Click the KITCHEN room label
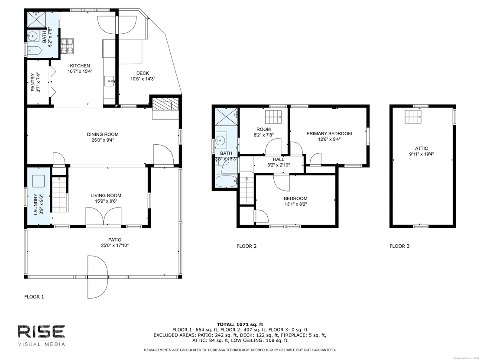click(x=80, y=65)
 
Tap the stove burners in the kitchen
click(x=67, y=46)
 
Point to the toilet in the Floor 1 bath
click(x=34, y=50)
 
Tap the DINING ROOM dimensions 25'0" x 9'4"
click(x=103, y=140)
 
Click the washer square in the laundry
click(x=39, y=181)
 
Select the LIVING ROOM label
click(x=106, y=195)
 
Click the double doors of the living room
click(x=104, y=217)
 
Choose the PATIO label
click(x=115, y=240)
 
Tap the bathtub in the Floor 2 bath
click(x=226, y=181)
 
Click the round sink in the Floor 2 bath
click(x=220, y=140)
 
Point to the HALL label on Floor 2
click(x=279, y=159)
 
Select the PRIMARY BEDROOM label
click(x=329, y=133)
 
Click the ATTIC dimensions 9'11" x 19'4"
click(x=422, y=154)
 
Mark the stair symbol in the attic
click(x=413, y=117)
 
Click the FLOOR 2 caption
click(x=246, y=246)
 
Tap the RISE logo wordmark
click(x=41, y=332)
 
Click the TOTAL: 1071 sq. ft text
click(x=240, y=324)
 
